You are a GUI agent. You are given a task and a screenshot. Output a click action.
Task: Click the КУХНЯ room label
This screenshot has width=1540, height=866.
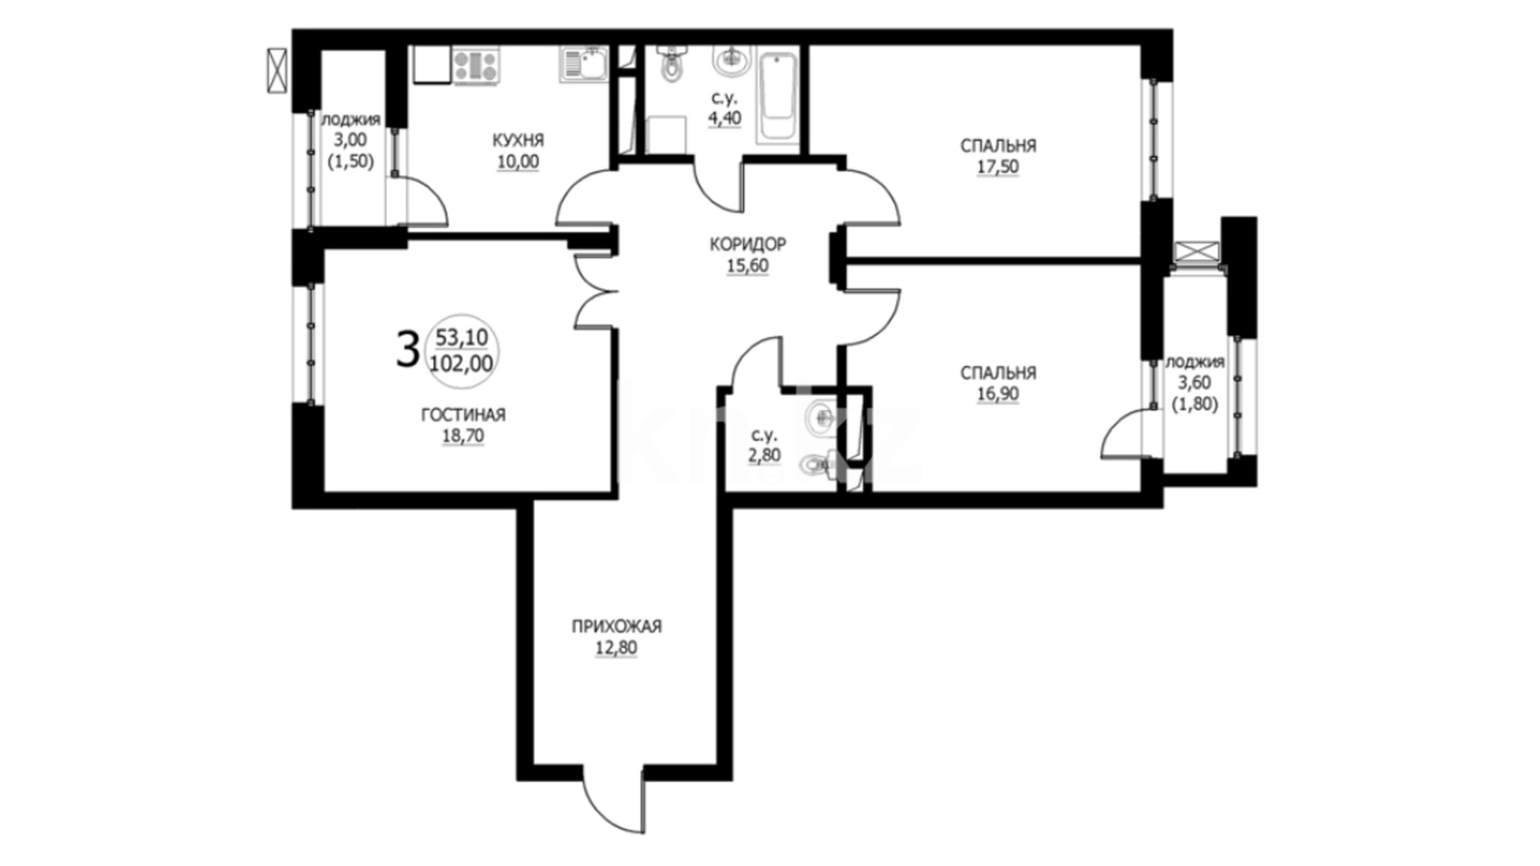(x=517, y=140)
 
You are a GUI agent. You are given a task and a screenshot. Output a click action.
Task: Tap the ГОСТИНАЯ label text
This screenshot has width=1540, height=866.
(x=463, y=415)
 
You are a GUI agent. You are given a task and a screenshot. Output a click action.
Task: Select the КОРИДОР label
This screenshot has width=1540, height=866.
(x=748, y=244)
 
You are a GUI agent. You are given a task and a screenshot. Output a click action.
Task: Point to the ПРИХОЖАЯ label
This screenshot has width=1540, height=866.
(x=616, y=626)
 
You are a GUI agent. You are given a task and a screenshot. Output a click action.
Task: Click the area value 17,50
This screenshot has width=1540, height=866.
(x=998, y=167)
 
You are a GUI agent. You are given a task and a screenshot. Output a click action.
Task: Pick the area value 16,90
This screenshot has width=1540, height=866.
(x=998, y=394)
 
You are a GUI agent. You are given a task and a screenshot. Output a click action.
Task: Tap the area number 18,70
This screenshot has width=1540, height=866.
(x=463, y=435)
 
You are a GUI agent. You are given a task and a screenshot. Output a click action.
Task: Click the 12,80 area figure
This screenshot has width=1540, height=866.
(x=616, y=648)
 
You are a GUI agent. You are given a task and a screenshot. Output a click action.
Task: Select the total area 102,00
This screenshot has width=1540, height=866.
(x=461, y=364)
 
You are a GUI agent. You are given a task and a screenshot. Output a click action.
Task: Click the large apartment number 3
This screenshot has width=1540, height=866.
(x=407, y=350)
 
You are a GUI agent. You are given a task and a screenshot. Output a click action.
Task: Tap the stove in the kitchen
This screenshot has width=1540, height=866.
(x=476, y=66)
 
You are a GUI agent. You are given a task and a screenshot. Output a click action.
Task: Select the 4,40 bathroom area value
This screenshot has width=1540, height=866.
(x=723, y=119)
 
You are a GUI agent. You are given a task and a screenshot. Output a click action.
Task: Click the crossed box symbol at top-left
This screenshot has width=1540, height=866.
(x=277, y=71)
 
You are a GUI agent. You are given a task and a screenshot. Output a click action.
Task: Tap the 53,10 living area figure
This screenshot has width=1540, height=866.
(x=461, y=338)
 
